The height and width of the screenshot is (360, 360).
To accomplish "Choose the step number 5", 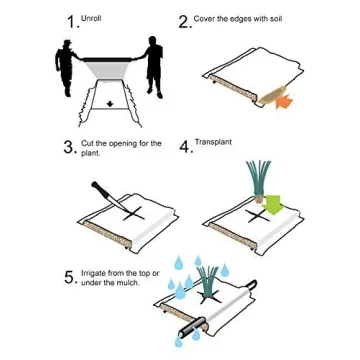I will click(69, 277).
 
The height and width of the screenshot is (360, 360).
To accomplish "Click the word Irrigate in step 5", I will click(91, 272).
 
